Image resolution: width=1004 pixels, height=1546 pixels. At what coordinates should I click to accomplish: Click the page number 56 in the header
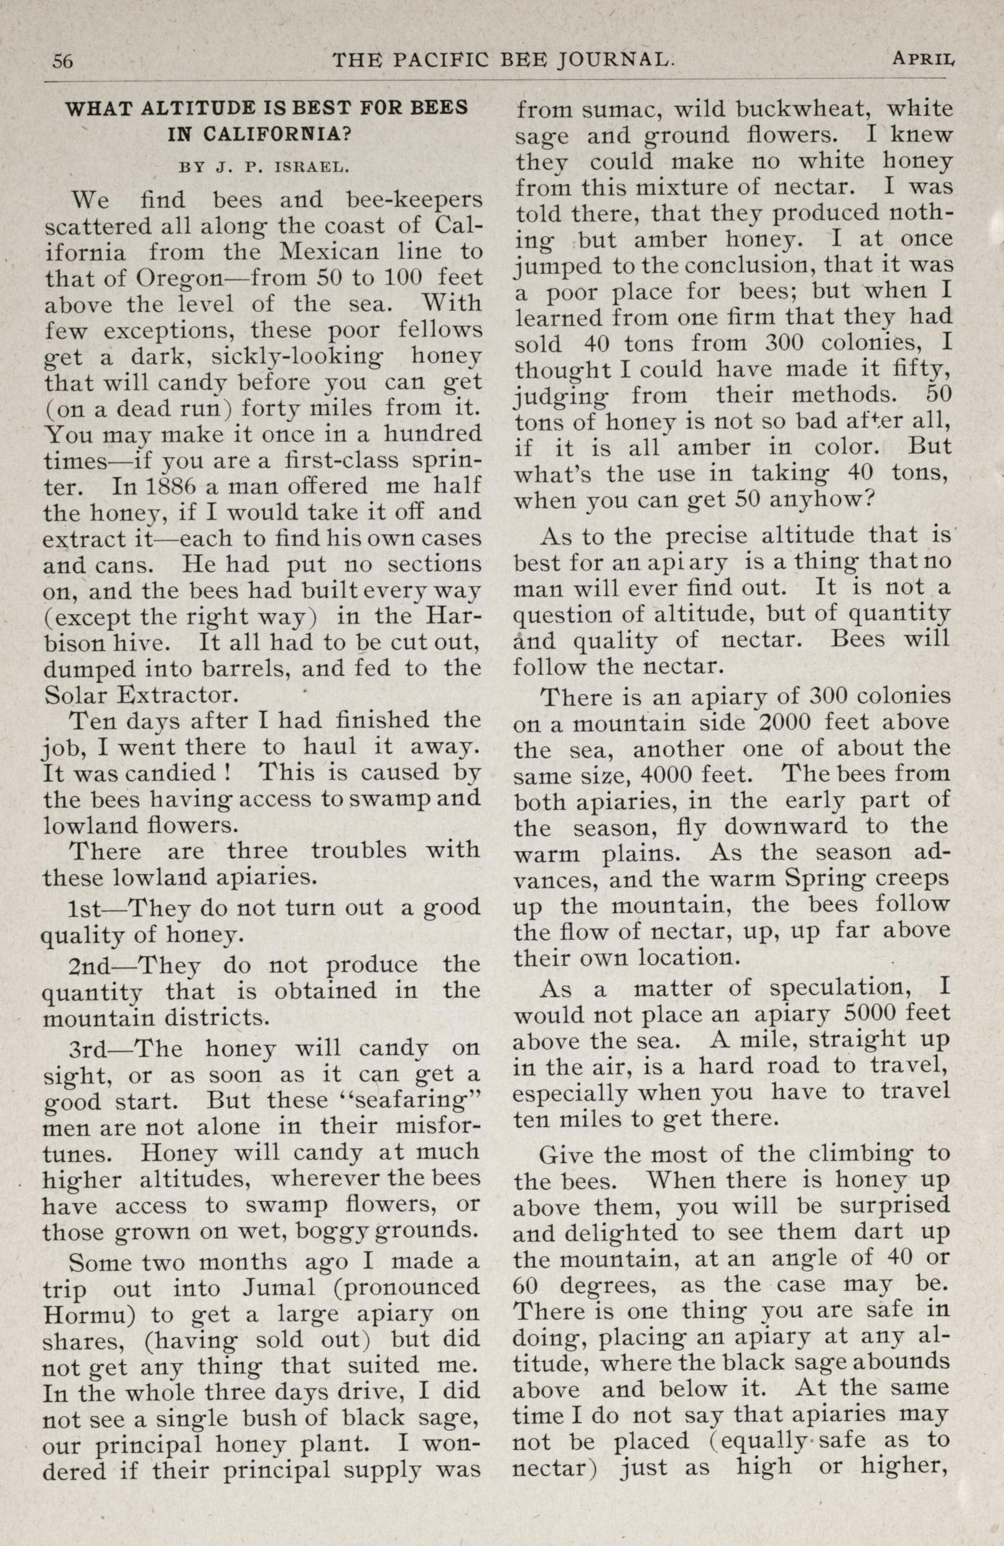pos(62,61)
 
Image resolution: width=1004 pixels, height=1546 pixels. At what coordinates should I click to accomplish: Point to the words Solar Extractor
pos(137,696)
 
